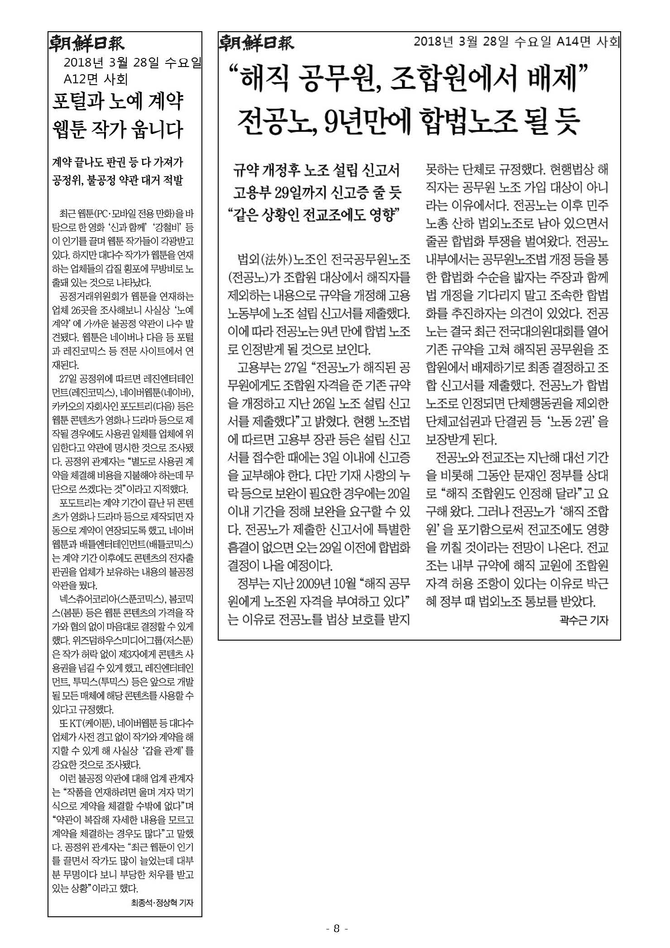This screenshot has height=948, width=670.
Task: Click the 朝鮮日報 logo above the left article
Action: pos(86,43)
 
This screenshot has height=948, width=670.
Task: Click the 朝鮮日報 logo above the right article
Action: pos(256,43)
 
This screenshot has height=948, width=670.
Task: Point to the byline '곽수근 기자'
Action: pos(584,621)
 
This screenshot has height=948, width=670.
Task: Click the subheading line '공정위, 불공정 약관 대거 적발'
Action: pos(118,181)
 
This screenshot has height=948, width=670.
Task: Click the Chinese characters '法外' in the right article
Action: pos(277,260)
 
